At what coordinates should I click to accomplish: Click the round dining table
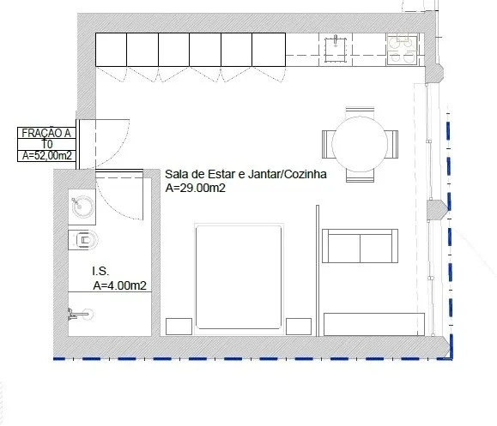click(360, 144)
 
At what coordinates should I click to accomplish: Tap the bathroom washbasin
click(82, 207)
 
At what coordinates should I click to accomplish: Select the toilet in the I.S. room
click(83, 240)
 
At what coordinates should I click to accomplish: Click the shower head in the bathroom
click(81, 314)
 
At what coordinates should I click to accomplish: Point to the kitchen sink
click(335, 50)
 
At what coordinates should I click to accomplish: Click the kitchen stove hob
click(403, 50)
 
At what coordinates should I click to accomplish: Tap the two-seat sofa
click(360, 246)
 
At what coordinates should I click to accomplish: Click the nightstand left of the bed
click(179, 327)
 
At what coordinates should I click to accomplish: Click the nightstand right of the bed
click(299, 327)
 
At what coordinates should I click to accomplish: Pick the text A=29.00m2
click(195, 188)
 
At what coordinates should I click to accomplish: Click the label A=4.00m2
click(120, 285)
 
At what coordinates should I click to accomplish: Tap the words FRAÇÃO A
click(46, 133)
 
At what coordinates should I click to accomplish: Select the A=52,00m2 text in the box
click(47, 156)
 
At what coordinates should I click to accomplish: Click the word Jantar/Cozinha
click(288, 174)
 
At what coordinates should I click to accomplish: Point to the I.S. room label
click(100, 271)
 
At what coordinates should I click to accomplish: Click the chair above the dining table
click(360, 112)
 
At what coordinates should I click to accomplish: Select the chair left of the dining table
click(327, 144)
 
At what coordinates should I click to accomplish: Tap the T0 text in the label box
click(47, 144)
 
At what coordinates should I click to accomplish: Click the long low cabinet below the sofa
click(374, 324)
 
